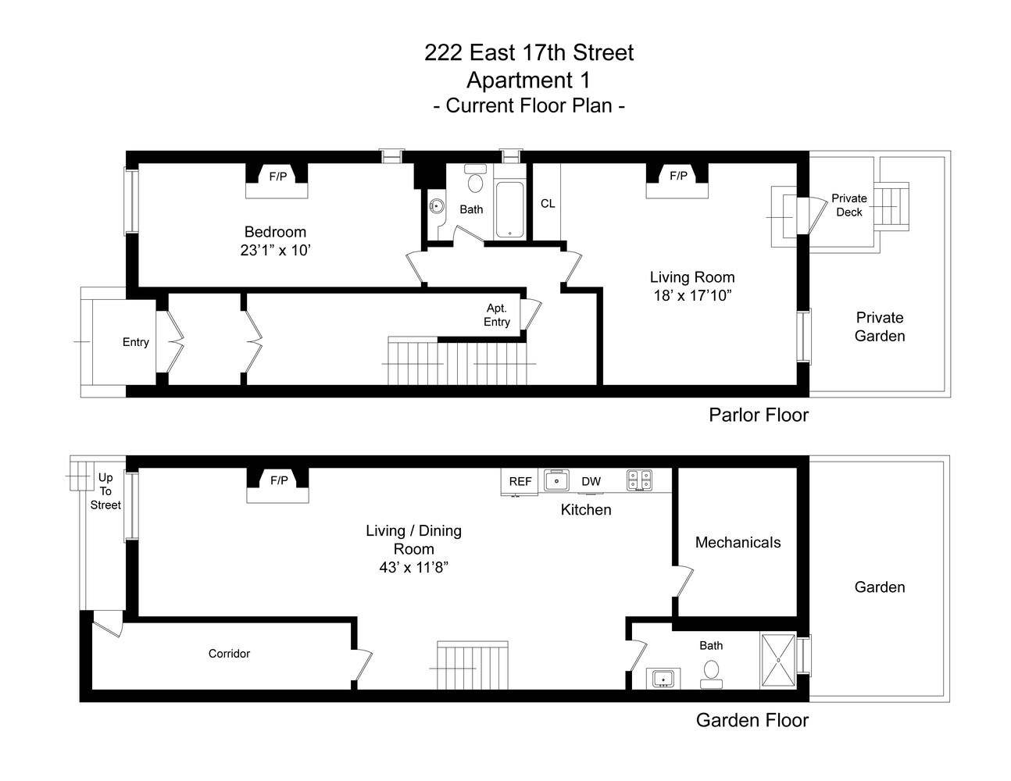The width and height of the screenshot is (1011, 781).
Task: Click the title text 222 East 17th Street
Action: pyautogui.click(x=528, y=53)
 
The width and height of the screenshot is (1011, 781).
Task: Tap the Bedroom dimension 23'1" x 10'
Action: pyautogui.click(x=275, y=251)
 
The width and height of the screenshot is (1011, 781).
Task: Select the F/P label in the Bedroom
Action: pyautogui.click(x=277, y=177)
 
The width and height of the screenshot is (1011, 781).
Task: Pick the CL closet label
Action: pyautogui.click(x=548, y=203)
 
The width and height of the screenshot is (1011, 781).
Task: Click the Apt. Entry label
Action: pyautogui.click(x=497, y=315)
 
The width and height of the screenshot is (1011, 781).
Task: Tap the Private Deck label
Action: pyautogui.click(x=848, y=205)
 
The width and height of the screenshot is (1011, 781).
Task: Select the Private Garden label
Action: pyautogui.click(x=879, y=326)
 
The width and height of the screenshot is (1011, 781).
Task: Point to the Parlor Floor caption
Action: pyautogui.click(x=758, y=414)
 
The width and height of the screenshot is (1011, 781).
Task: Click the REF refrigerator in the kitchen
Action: pyautogui.click(x=520, y=481)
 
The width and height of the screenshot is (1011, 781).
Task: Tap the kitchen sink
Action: pyautogui.click(x=557, y=480)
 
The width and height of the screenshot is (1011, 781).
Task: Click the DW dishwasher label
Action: pyautogui.click(x=591, y=481)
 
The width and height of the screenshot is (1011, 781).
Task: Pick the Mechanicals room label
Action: pyautogui.click(x=738, y=542)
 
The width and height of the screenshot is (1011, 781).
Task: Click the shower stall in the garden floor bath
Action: pyautogui.click(x=778, y=661)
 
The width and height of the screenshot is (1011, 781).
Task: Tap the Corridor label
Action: pyautogui.click(x=229, y=653)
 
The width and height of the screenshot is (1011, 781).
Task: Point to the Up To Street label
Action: pyautogui.click(x=105, y=490)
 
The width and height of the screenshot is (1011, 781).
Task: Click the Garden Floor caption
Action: pyautogui.click(x=752, y=720)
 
